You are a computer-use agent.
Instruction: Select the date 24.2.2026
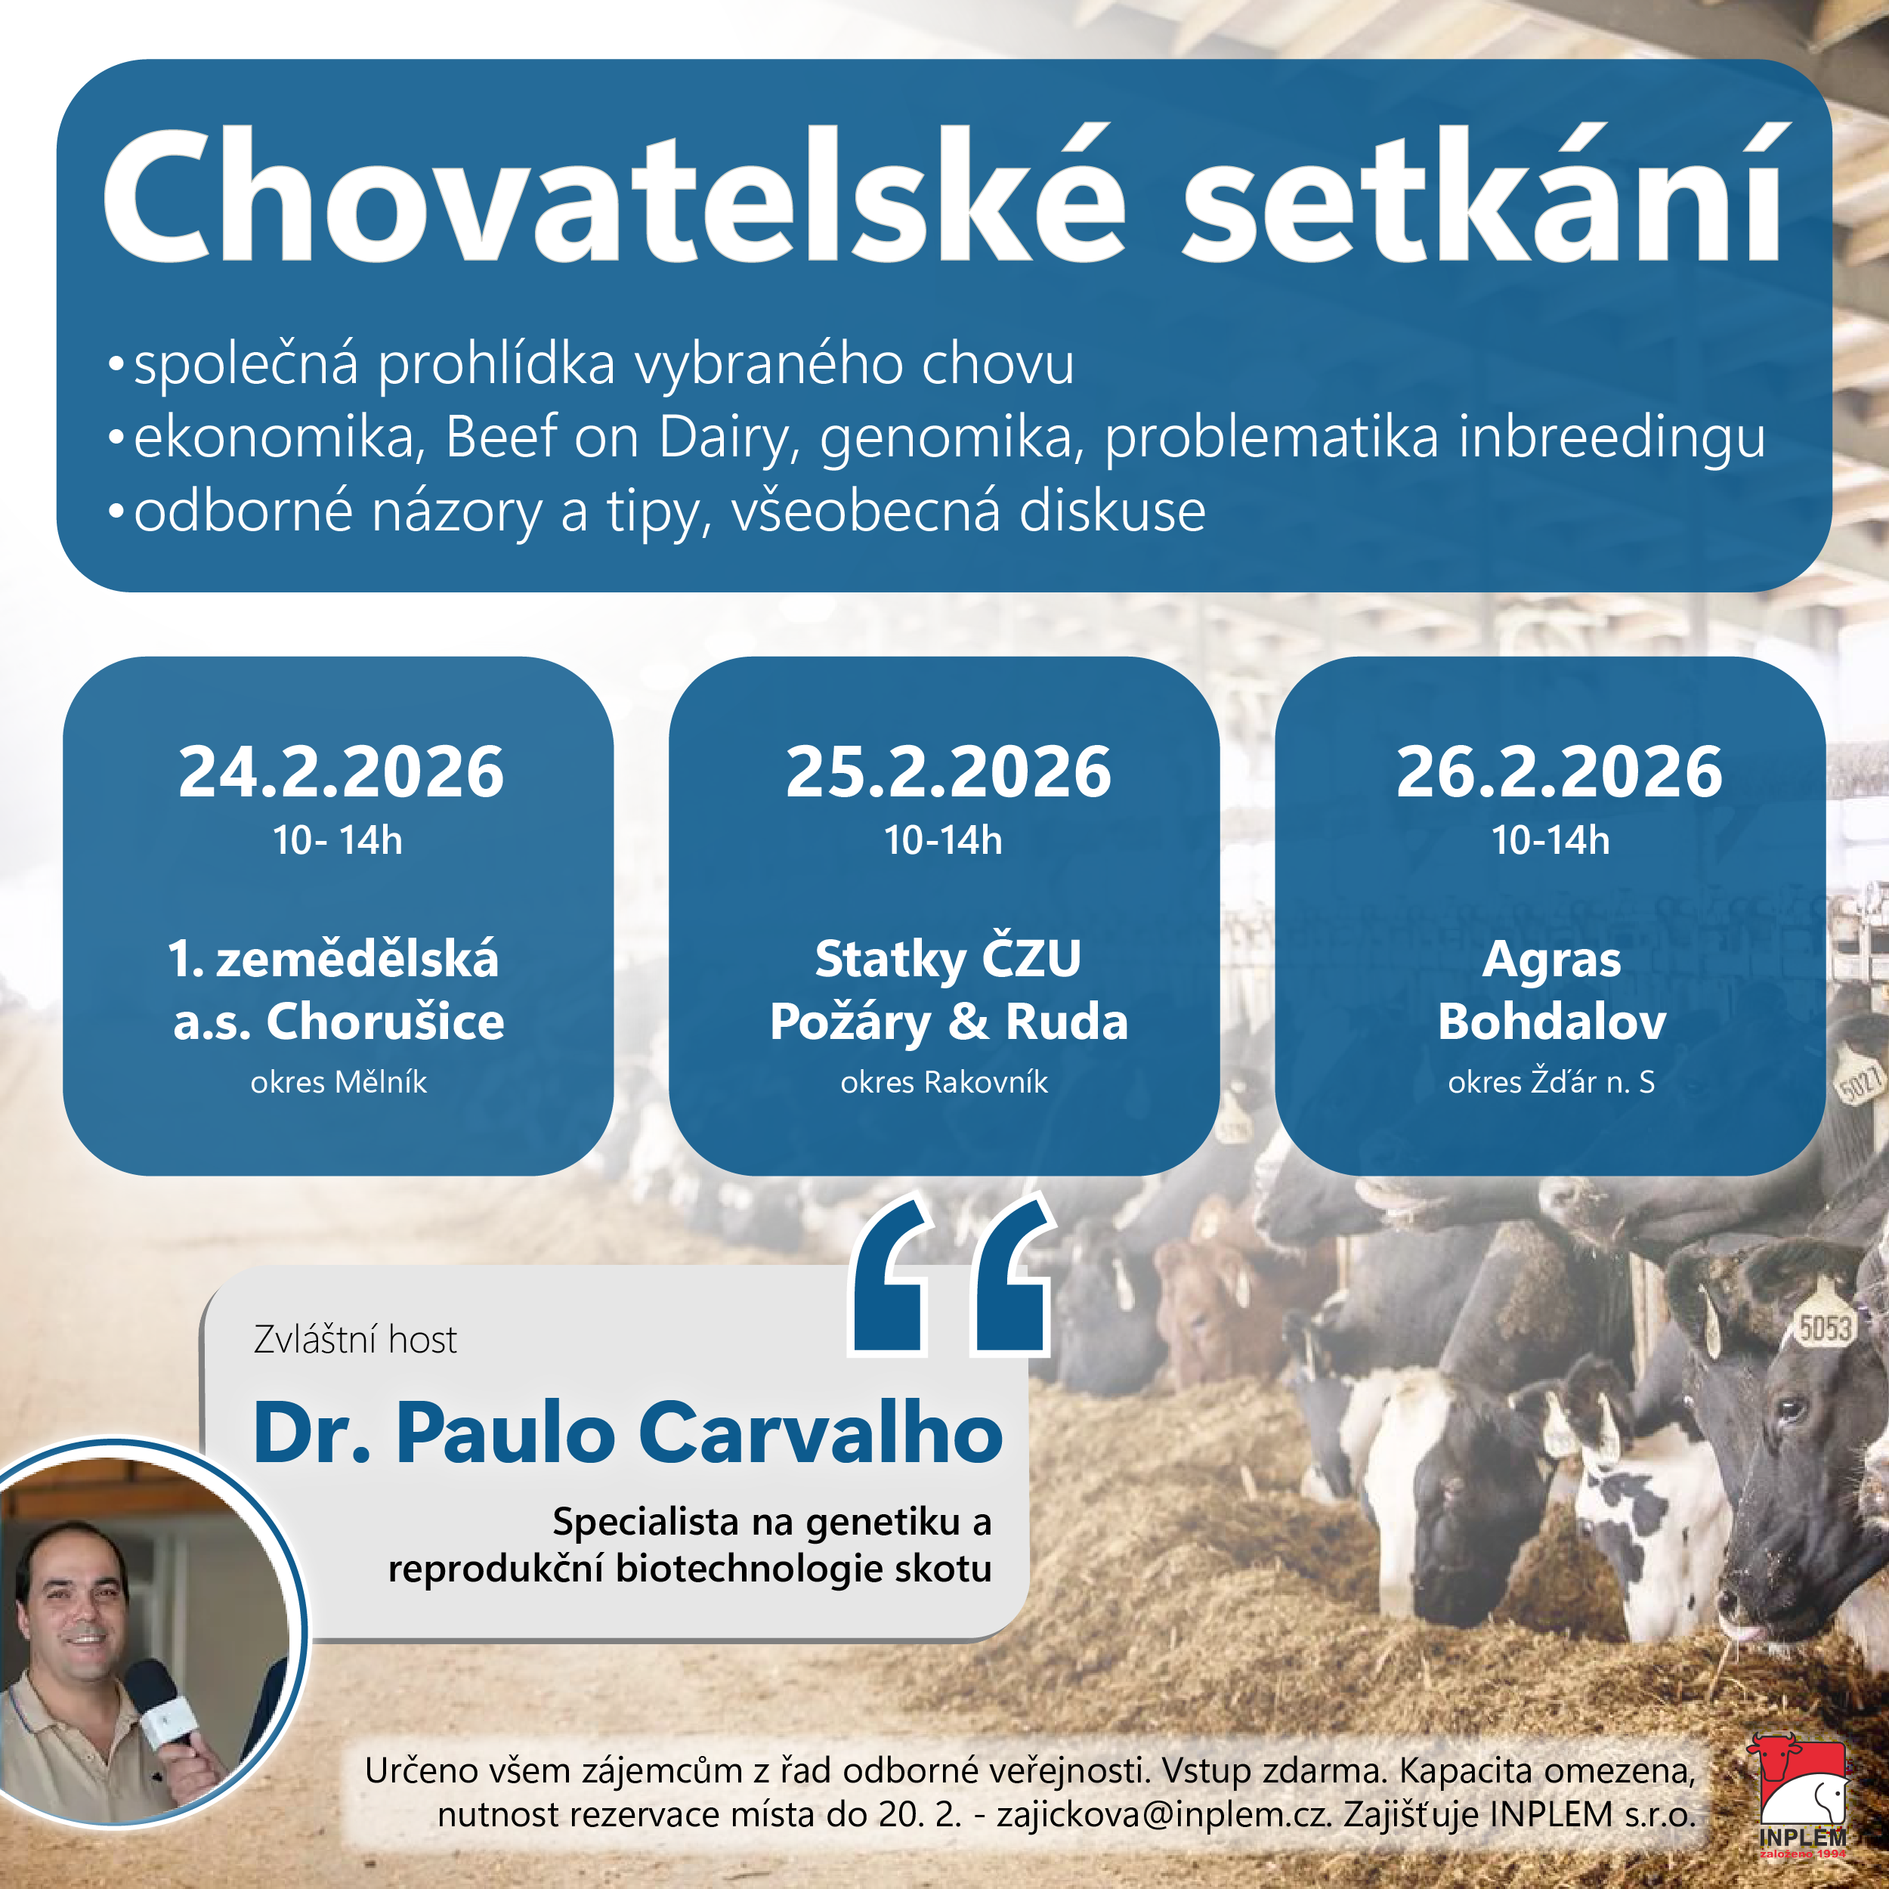pyautogui.click(x=342, y=772)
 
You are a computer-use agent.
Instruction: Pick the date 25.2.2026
pyautogui.click(x=948, y=772)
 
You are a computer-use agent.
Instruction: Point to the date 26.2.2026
pyautogui.click(x=1559, y=772)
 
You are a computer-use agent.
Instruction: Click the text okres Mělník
pyautogui.click(x=339, y=1081)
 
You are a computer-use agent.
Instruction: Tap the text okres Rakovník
pyautogui.click(x=944, y=1081)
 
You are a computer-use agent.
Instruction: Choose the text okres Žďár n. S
pyautogui.click(x=1552, y=1081)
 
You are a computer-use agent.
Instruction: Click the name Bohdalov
pyautogui.click(x=1552, y=1021)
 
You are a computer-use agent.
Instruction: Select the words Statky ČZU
pyautogui.click(x=948, y=958)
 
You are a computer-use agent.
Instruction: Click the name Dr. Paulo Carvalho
pyautogui.click(x=628, y=1433)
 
